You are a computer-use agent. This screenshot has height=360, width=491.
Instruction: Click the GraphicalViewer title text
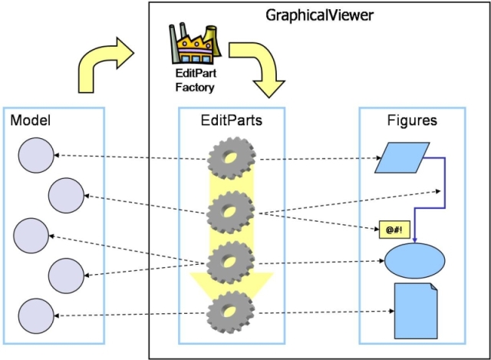pyautogui.click(x=319, y=15)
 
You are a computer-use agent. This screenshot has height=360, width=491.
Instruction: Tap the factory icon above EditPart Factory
pyautogui.click(x=195, y=43)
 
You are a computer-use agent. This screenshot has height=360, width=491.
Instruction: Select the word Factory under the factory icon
pyautogui.click(x=195, y=87)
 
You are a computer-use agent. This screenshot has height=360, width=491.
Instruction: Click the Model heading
pyautogui.click(x=31, y=120)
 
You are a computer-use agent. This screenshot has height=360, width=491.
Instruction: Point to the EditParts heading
pyautogui.click(x=232, y=121)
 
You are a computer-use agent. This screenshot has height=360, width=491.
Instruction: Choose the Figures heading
pyautogui.click(x=412, y=121)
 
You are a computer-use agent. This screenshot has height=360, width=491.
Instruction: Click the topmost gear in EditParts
pyautogui.click(x=232, y=158)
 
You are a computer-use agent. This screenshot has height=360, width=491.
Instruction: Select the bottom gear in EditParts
pyautogui.click(x=231, y=311)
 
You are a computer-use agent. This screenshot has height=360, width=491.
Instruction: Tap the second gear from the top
pyautogui.click(x=230, y=213)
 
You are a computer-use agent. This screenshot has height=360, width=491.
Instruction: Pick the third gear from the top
pyautogui.click(x=230, y=263)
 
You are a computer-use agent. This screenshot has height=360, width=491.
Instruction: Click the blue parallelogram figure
pyautogui.click(x=402, y=158)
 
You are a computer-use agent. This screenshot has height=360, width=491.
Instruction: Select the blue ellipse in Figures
pyautogui.click(x=414, y=261)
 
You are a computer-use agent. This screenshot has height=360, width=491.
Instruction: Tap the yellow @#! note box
pyautogui.click(x=394, y=230)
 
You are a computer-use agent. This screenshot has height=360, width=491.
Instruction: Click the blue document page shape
pyautogui.click(x=416, y=311)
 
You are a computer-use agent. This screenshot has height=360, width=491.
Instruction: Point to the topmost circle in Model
pyautogui.click(x=36, y=155)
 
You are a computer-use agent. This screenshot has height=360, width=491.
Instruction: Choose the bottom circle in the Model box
pyautogui.click(x=36, y=315)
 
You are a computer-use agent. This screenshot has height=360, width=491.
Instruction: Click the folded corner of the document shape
pyautogui.click(x=433, y=287)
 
